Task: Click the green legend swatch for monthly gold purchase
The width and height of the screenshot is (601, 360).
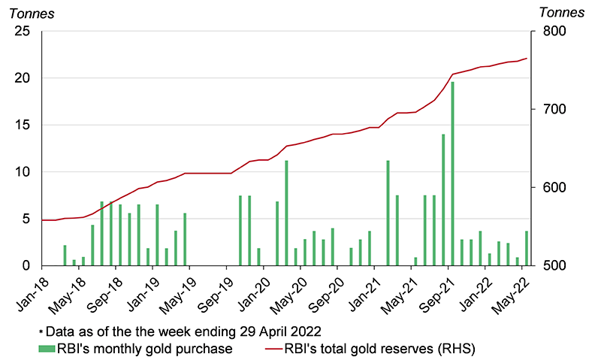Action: click(x=47, y=348)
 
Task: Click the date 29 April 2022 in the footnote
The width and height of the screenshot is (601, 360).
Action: click(x=277, y=331)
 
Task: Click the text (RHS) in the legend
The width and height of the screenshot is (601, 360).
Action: click(x=458, y=348)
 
